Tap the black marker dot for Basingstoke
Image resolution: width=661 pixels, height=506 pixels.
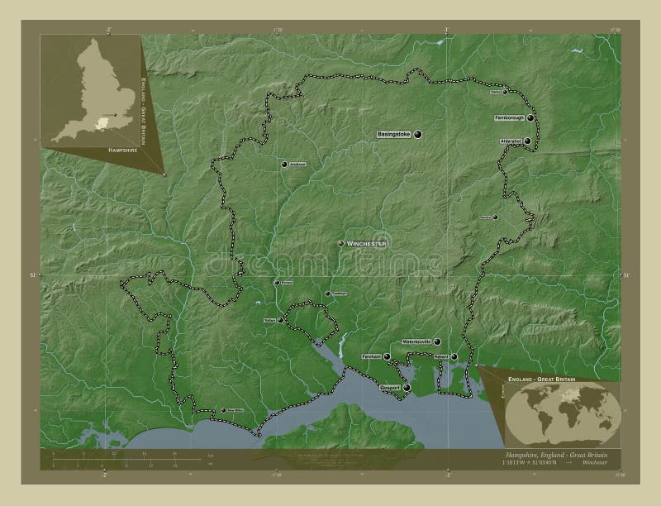click(x=418, y=134)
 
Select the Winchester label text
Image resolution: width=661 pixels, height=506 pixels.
click(x=367, y=244)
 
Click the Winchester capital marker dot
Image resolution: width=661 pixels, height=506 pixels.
click(x=340, y=243)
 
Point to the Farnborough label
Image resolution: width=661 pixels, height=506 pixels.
click(x=509, y=118)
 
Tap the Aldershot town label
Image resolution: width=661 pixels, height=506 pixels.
click(x=510, y=141)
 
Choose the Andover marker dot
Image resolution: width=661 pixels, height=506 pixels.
click(x=285, y=165)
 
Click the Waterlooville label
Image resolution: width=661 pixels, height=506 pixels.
click(x=416, y=341)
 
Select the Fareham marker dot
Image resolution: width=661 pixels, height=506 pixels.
click(x=387, y=356)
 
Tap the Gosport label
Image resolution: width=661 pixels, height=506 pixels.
click(x=390, y=387)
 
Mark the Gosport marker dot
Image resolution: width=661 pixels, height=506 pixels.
click(x=407, y=387)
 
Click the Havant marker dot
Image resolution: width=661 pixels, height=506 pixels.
click(x=454, y=356)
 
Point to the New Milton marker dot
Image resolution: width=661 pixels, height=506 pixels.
click(x=223, y=410)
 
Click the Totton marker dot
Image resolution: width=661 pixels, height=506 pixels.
click(x=281, y=320)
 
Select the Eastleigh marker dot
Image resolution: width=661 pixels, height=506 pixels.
click(x=328, y=294)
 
